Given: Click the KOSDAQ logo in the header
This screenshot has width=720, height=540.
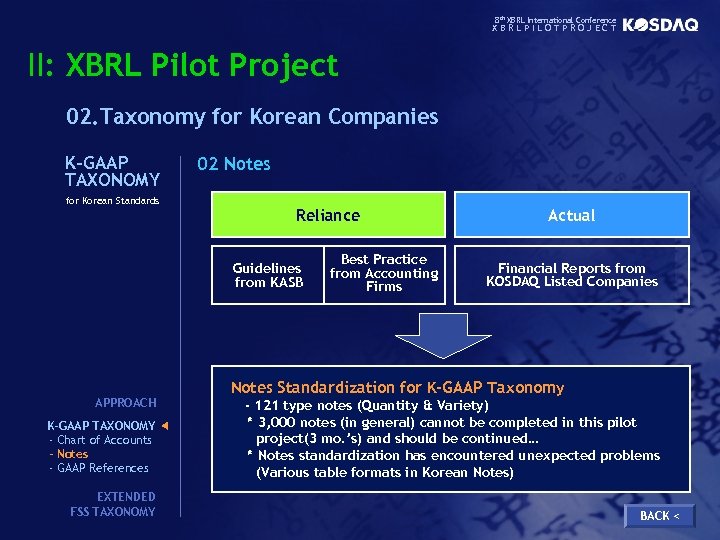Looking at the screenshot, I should coord(660,25).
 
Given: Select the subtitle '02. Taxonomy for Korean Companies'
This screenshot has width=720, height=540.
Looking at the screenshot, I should coord(252,117).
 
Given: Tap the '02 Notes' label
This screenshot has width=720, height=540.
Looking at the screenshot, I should coord(233,164).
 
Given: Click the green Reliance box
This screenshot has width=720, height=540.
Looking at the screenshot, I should coord(328,215).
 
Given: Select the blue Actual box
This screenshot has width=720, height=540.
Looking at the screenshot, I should coord(572,215).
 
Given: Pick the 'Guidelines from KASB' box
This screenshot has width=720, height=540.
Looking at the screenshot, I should coord(267,275).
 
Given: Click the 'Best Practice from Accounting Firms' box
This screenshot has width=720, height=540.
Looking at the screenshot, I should coord(384,273).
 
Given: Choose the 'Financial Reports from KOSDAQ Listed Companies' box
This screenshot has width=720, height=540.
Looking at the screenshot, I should coord(572,275).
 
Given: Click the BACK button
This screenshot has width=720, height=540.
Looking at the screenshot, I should coord(659,515).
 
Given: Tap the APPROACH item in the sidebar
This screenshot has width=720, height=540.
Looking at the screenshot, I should coord(125,403).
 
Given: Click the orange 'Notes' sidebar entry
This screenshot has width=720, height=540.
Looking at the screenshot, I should coord(72,454).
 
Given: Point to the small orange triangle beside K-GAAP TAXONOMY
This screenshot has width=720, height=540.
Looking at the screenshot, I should coord(165,426).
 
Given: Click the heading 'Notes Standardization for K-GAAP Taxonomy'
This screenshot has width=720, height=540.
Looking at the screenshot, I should coord(397,388).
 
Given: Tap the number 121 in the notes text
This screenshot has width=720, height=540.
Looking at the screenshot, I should coord(268,406).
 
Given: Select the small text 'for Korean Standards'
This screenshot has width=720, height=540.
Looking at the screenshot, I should coord(112,201).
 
